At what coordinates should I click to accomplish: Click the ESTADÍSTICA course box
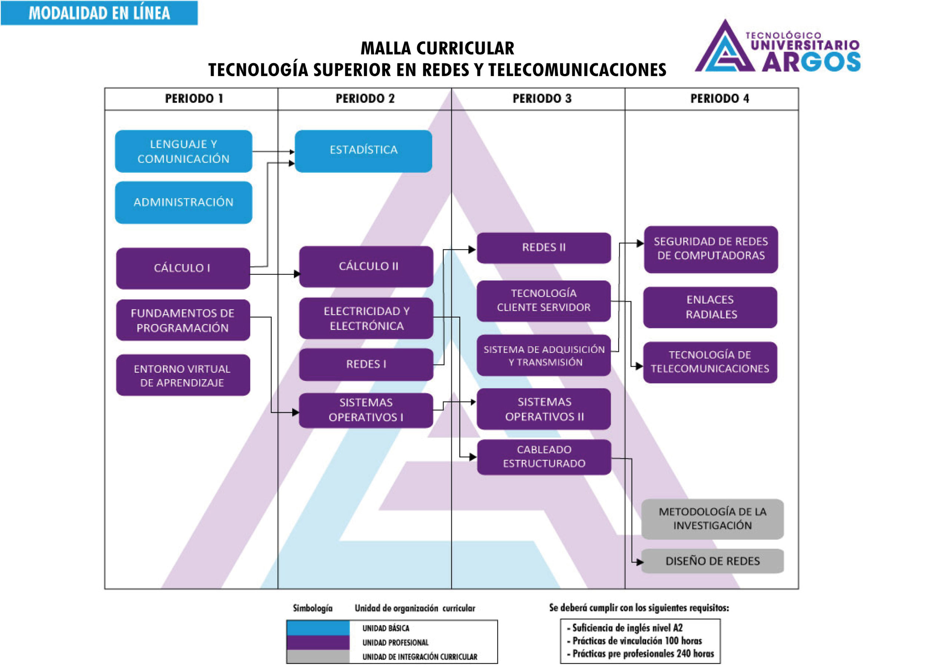(363, 151)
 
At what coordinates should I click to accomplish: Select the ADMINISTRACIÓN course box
(183, 202)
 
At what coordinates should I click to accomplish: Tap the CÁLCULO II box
(366, 266)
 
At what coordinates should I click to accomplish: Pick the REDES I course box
(366, 365)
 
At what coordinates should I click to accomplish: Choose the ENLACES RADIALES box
(710, 307)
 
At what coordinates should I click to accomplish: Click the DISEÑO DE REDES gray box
(712, 561)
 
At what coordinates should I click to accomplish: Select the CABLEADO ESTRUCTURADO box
(544, 456)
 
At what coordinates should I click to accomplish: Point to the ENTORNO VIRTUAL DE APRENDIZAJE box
(183, 375)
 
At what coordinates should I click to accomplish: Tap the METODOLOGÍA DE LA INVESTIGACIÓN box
(712, 519)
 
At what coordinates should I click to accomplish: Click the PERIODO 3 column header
(542, 99)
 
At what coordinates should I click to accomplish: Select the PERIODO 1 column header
(194, 99)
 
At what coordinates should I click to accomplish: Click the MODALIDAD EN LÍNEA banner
(99, 13)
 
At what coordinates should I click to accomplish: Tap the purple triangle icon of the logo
(725, 50)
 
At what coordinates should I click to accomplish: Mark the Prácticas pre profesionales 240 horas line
(643, 654)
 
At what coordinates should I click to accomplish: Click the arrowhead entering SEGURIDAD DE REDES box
(640, 243)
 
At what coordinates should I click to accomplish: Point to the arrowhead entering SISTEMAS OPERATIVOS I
(295, 412)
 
